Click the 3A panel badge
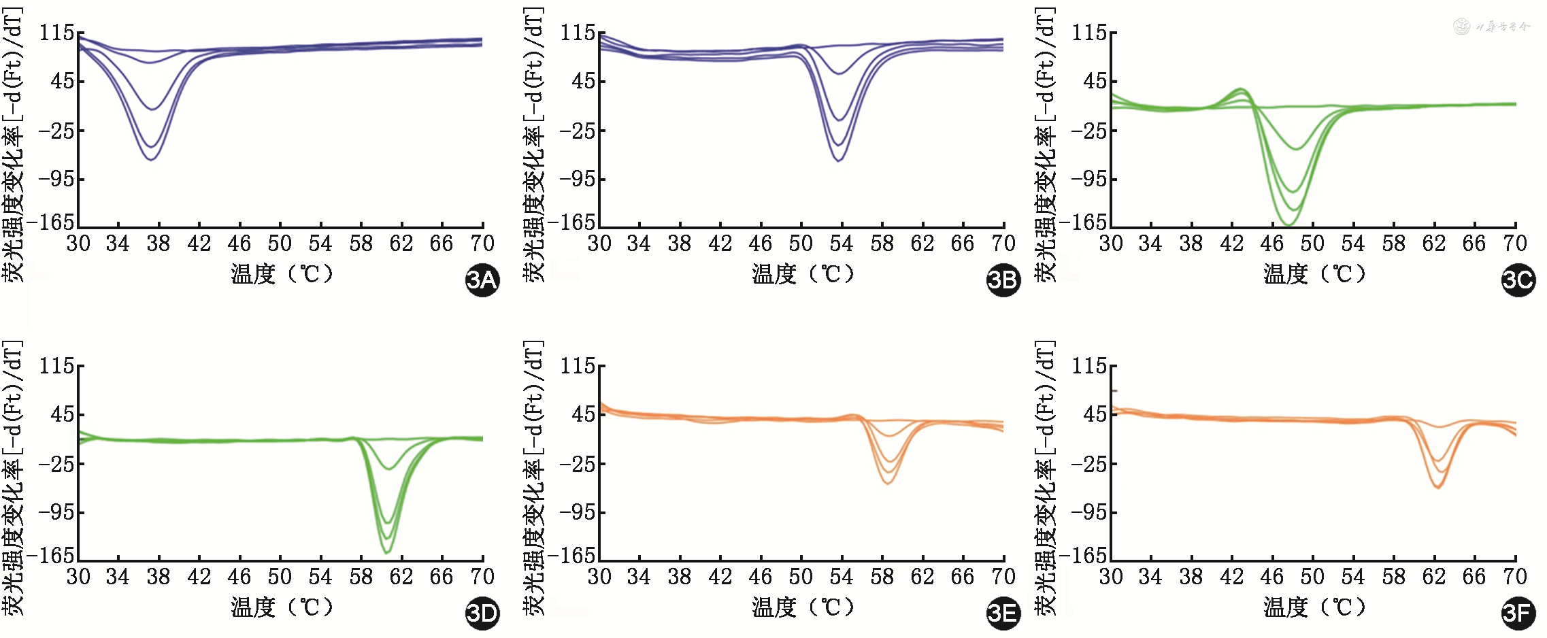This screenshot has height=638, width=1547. coord(482,280)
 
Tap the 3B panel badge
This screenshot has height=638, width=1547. coord(1003,280)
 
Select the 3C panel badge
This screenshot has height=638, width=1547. coord(1518,280)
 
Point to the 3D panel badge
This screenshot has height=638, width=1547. coord(482,614)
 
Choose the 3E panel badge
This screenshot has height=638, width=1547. coord(1003,614)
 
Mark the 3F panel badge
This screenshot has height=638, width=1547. coord(1518,614)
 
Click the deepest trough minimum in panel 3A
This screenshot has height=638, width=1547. coord(151,159)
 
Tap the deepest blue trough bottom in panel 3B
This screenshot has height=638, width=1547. coord(839,161)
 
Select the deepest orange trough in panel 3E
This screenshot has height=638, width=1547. coord(887,483)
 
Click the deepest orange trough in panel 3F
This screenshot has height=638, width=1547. coord(1437,487)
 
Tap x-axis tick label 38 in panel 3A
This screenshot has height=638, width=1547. coord(159,244)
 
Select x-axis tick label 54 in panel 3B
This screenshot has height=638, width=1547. coord(842,244)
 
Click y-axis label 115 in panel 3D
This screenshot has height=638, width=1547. coord(57,367)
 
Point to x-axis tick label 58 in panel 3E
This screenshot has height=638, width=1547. coord(882,577)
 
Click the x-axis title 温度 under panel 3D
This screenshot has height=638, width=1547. coord(253,607)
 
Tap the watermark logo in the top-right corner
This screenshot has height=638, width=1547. coord(1461,27)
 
